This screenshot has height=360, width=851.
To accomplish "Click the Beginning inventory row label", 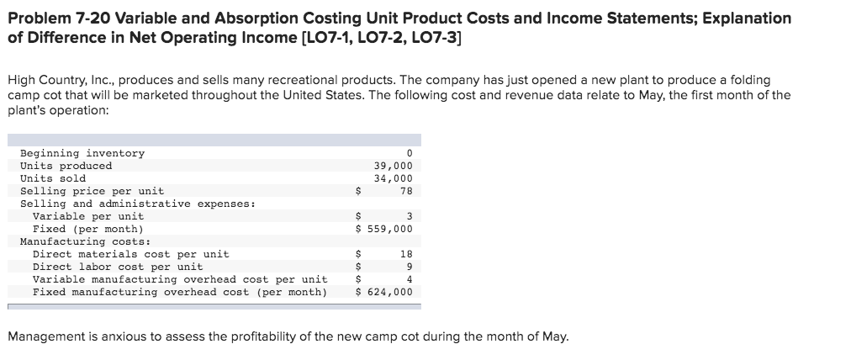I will click(x=82, y=153).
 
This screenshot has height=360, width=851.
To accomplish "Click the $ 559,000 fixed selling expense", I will click(x=384, y=229).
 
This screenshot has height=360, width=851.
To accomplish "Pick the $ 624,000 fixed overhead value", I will click(x=384, y=292).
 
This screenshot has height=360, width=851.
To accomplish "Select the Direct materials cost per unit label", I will click(x=130, y=254).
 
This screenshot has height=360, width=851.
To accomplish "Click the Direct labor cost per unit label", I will click(x=118, y=267).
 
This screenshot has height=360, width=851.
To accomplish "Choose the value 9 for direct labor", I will click(x=409, y=267).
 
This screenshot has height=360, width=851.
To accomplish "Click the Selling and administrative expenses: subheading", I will click(x=138, y=204).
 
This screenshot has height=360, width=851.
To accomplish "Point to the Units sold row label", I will click(x=53, y=178).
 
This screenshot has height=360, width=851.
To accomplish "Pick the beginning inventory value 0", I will click(x=409, y=153).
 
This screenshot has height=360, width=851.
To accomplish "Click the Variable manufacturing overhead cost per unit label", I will click(x=180, y=279).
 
